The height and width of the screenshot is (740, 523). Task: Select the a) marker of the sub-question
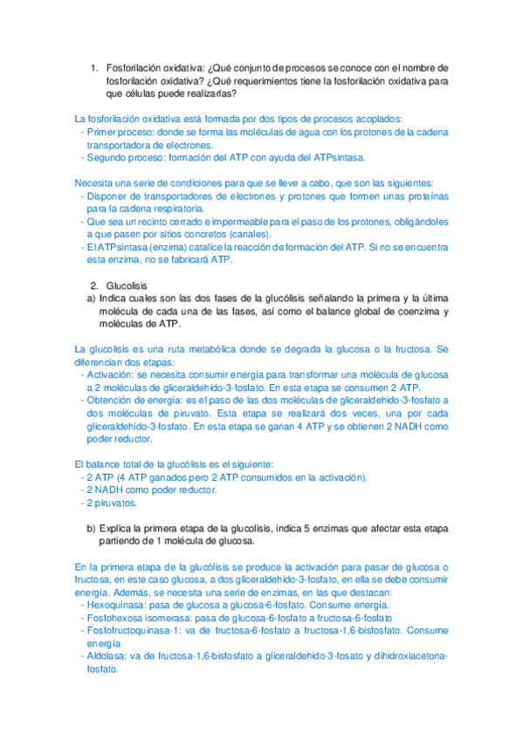coord(91,298)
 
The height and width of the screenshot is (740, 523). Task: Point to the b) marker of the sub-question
coord(91,529)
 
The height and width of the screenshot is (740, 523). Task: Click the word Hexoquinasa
coord(115,605)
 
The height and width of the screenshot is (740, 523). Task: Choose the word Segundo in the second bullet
coord(107,158)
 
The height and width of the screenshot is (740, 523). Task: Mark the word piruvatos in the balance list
coord(114,504)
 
